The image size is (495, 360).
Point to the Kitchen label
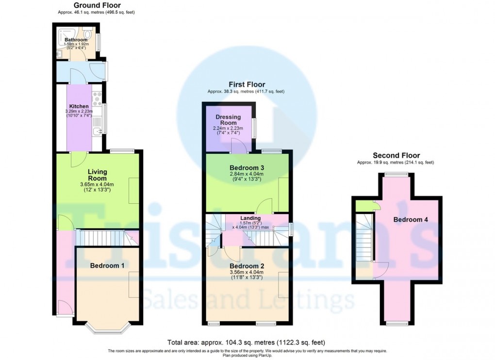point(79,106)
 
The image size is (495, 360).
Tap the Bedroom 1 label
point(107,265)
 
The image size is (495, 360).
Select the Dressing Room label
point(228,120)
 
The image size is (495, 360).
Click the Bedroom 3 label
point(247,168)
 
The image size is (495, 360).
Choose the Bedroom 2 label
point(247,266)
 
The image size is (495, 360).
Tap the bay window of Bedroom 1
point(108,328)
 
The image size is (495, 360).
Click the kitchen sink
point(97,130)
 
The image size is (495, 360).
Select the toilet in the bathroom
point(86,35)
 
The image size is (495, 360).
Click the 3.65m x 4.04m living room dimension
point(97,184)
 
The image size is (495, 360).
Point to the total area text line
point(246,342)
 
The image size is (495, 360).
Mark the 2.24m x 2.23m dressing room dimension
point(228,129)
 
